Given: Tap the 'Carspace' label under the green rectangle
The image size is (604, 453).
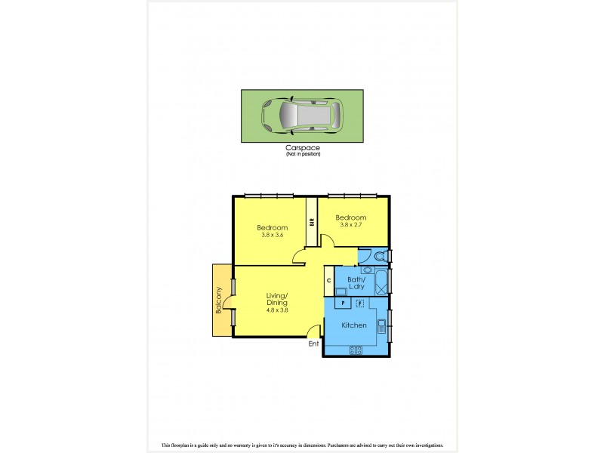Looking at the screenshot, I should click(x=303, y=149).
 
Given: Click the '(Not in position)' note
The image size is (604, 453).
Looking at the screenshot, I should click(x=303, y=155).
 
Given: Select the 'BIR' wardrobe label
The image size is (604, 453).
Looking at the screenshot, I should click(x=311, y=222).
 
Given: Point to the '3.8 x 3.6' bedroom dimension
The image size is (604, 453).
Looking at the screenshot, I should click(x=272, y=235).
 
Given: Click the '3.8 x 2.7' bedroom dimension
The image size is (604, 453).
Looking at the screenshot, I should click(x=350, y=224).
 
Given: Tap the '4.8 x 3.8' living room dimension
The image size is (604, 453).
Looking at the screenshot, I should click(x=277, y=310).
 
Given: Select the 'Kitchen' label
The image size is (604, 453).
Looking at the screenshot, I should click(x=354, y=325).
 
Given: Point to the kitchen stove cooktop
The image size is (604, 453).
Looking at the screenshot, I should click(x=355, y=349).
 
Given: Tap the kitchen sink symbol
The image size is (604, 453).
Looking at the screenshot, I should click(x=382, y=326).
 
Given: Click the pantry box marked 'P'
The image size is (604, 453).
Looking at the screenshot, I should click(x=343, y=303).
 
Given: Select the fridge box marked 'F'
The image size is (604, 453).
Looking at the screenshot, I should click(x=360, y=303).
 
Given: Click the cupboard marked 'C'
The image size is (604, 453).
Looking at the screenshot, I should click(x=328, y=282).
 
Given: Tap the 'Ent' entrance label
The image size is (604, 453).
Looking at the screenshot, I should click(x=313, y=344).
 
